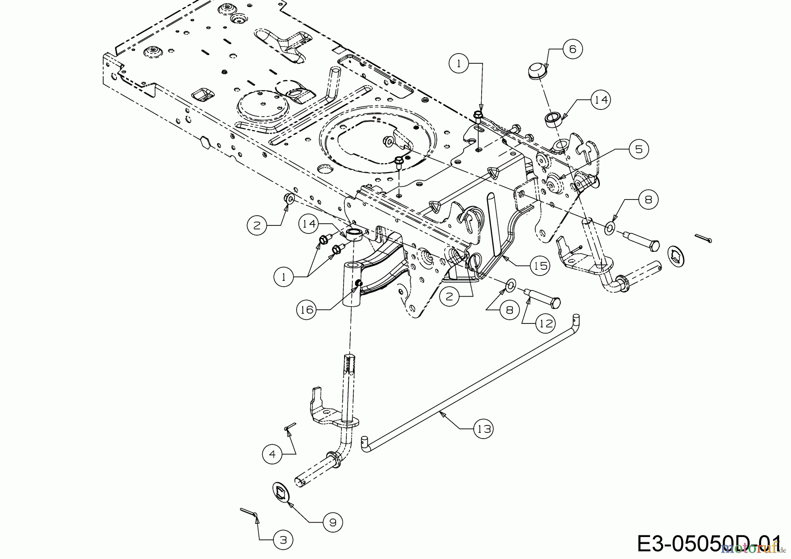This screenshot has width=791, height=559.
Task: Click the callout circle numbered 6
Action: (572, 49)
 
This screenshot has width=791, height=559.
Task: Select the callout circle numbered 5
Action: (638, 149)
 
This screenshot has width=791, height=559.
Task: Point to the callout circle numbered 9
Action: (333, 522)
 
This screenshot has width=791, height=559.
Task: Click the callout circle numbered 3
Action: (283, 540)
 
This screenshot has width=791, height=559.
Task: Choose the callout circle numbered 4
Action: (272, 454)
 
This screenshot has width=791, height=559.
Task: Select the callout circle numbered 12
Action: (545, 323)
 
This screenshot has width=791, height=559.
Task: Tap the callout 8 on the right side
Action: (648, 200)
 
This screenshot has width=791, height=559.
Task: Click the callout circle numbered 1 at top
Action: (459, 64)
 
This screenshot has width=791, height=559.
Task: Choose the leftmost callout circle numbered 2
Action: (258, 226)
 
